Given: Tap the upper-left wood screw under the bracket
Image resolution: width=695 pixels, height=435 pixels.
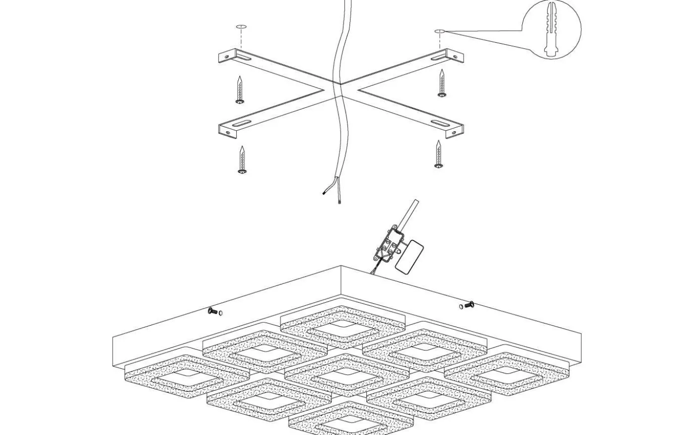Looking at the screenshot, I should [x=241, y=90].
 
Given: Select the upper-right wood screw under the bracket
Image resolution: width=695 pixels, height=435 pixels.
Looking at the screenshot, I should [x=441, y=84].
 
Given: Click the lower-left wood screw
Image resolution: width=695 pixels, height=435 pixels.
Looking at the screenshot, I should [x=242, y=160].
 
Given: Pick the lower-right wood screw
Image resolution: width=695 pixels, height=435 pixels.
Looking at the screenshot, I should [x=438, y=154].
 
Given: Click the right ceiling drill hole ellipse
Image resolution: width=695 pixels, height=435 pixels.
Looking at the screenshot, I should [x=440, y=31].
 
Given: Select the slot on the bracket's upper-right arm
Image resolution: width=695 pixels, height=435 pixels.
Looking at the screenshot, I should [x=439, y=59].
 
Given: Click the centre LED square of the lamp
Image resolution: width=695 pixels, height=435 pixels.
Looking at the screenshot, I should [x=346, y=374].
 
